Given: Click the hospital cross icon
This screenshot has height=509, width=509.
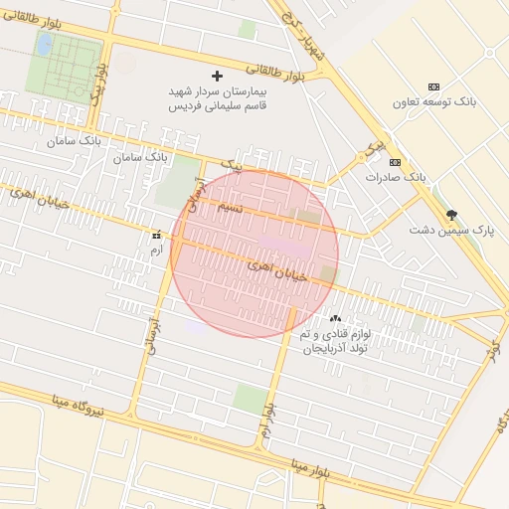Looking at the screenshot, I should point(219,76).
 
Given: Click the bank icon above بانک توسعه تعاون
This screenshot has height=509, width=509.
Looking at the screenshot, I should point(432,87).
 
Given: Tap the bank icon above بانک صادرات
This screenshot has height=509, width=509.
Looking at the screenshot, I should point(395,162).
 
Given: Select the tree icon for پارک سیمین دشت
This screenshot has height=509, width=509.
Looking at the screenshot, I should point(451,215).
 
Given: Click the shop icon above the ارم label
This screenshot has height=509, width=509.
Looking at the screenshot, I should point(154,236).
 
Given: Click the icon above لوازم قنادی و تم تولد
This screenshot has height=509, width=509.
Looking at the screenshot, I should point(333,319).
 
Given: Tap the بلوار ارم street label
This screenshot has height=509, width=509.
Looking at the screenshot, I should point(267,424).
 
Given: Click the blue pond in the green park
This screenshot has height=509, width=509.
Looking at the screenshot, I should point(44,45).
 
